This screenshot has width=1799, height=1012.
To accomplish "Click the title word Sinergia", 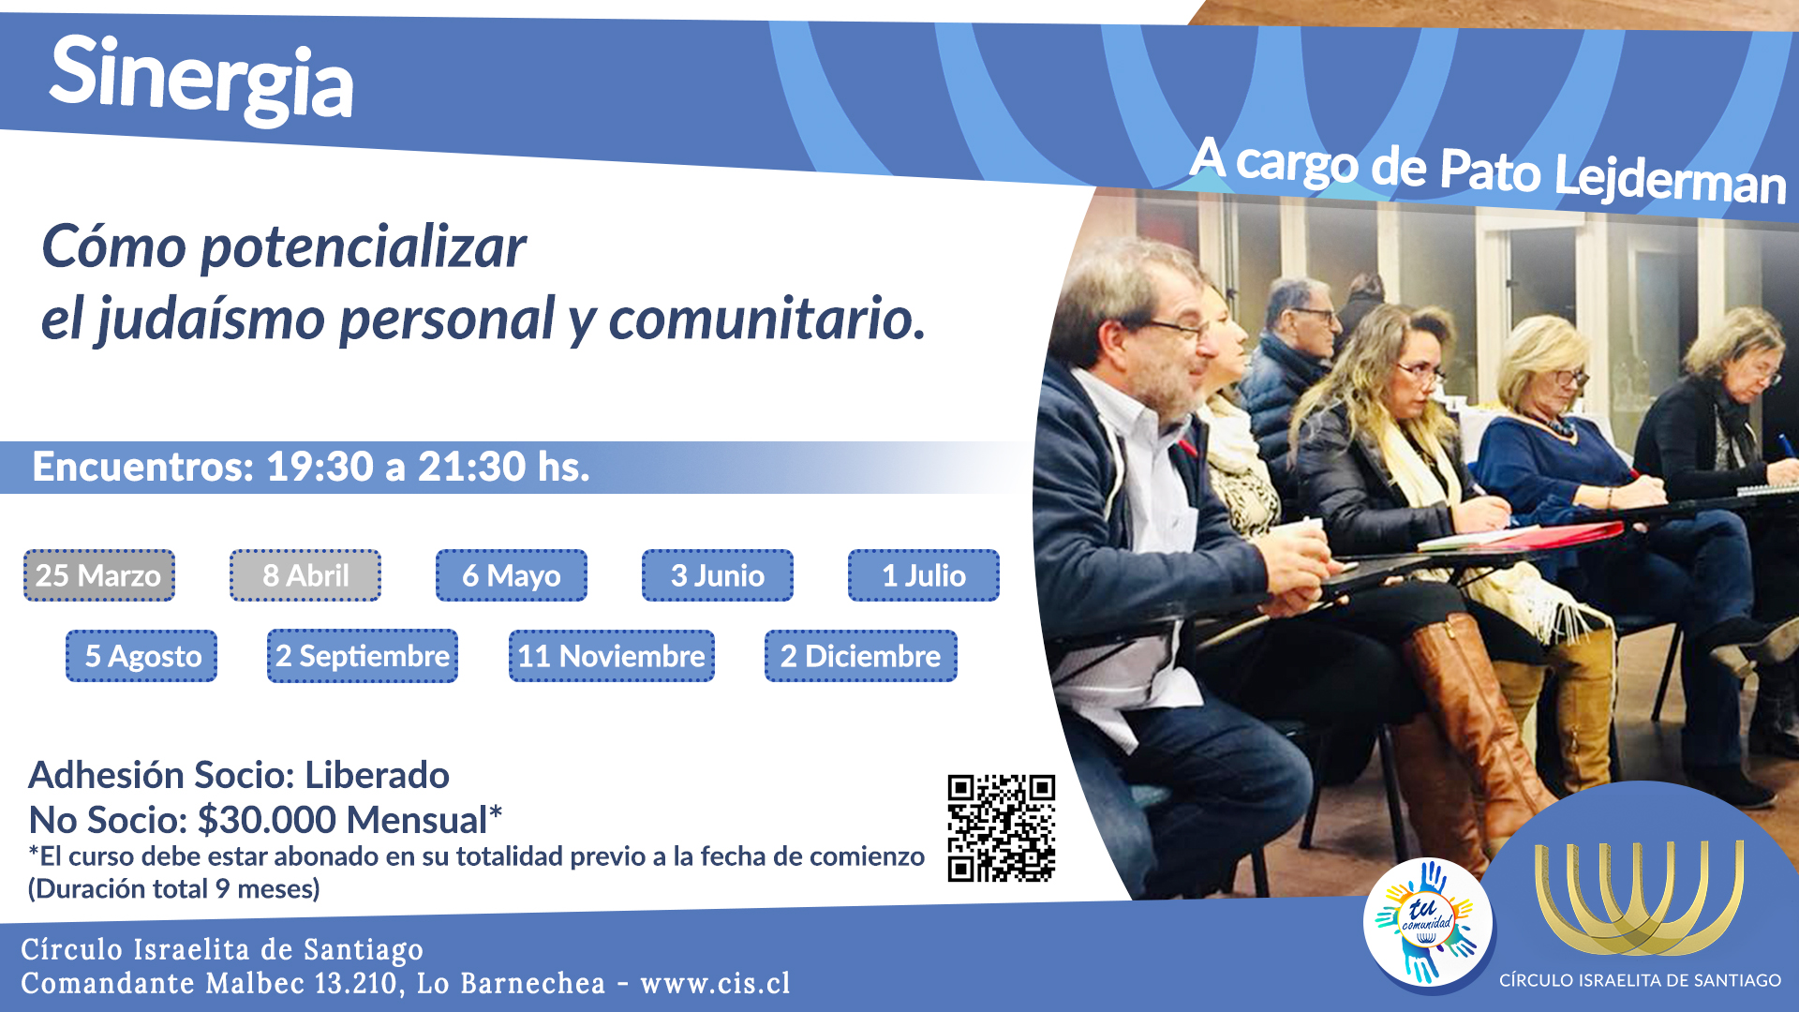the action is [x=201, y=79].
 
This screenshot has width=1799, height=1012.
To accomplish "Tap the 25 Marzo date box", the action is [x=99, y=575].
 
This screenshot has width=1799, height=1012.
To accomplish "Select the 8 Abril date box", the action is [x=305, y=575].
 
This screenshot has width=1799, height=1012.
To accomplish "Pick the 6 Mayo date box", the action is [x=512, y=575].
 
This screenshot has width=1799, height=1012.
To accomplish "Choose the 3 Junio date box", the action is [x=718, y=575].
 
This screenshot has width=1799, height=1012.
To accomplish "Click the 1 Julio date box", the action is [x=924, y=575].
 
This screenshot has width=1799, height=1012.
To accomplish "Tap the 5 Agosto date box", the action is [x=141, y=656].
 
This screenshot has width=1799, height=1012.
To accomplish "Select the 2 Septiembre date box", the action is [x=363, y=656].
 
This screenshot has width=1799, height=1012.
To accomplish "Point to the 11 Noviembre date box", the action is [x=612, y=656].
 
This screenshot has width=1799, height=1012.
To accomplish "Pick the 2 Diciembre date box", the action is [x=861, y=656].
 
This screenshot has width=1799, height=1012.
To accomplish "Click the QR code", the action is [x=1002, y=828].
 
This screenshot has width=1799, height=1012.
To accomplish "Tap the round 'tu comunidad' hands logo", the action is [x=1427, y=923].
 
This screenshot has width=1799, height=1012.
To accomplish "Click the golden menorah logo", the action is [x=1639, y=898].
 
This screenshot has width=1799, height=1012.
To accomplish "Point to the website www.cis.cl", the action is [x=715, y=983].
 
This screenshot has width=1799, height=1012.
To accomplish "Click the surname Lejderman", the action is [x=1670, y=178].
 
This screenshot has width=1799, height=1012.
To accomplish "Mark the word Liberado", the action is [x=378, y=776].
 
